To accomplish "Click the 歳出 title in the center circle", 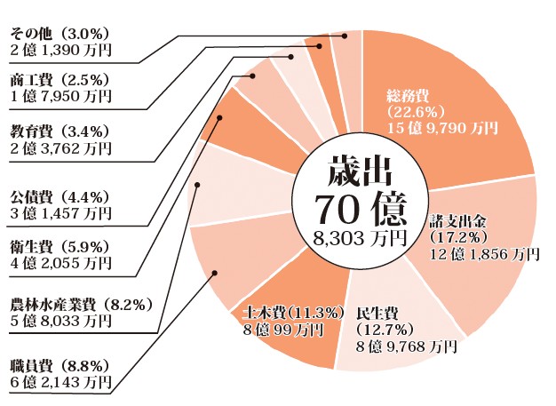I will click(360, 169).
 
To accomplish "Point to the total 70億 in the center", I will click(360, 208).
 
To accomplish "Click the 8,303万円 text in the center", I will click(360, 238).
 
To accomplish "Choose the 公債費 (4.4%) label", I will click(59, 195).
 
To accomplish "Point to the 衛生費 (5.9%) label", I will click(59, 246).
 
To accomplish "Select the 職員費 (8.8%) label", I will click(59, 365).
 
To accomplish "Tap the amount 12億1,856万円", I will click(485, 254).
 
